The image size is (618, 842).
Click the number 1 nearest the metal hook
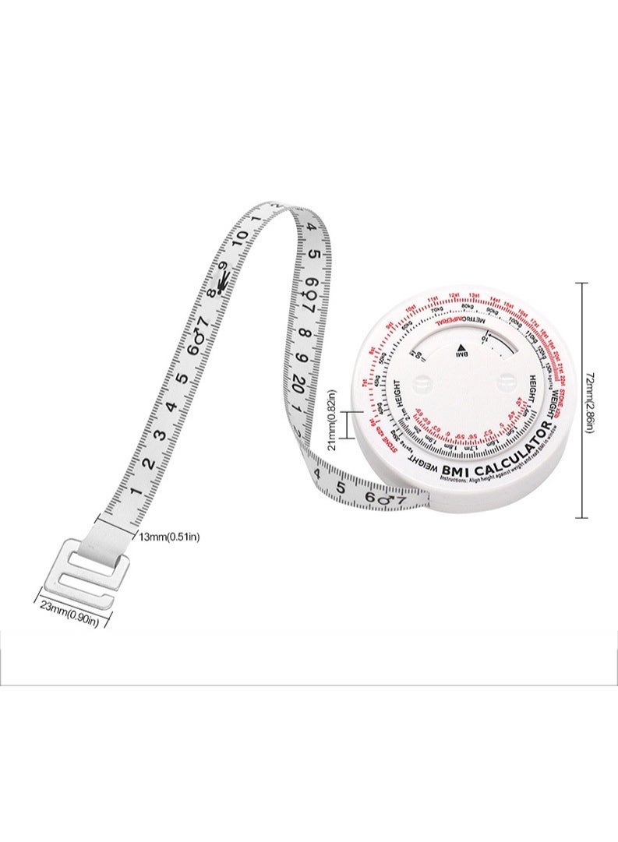pos(134,491)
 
